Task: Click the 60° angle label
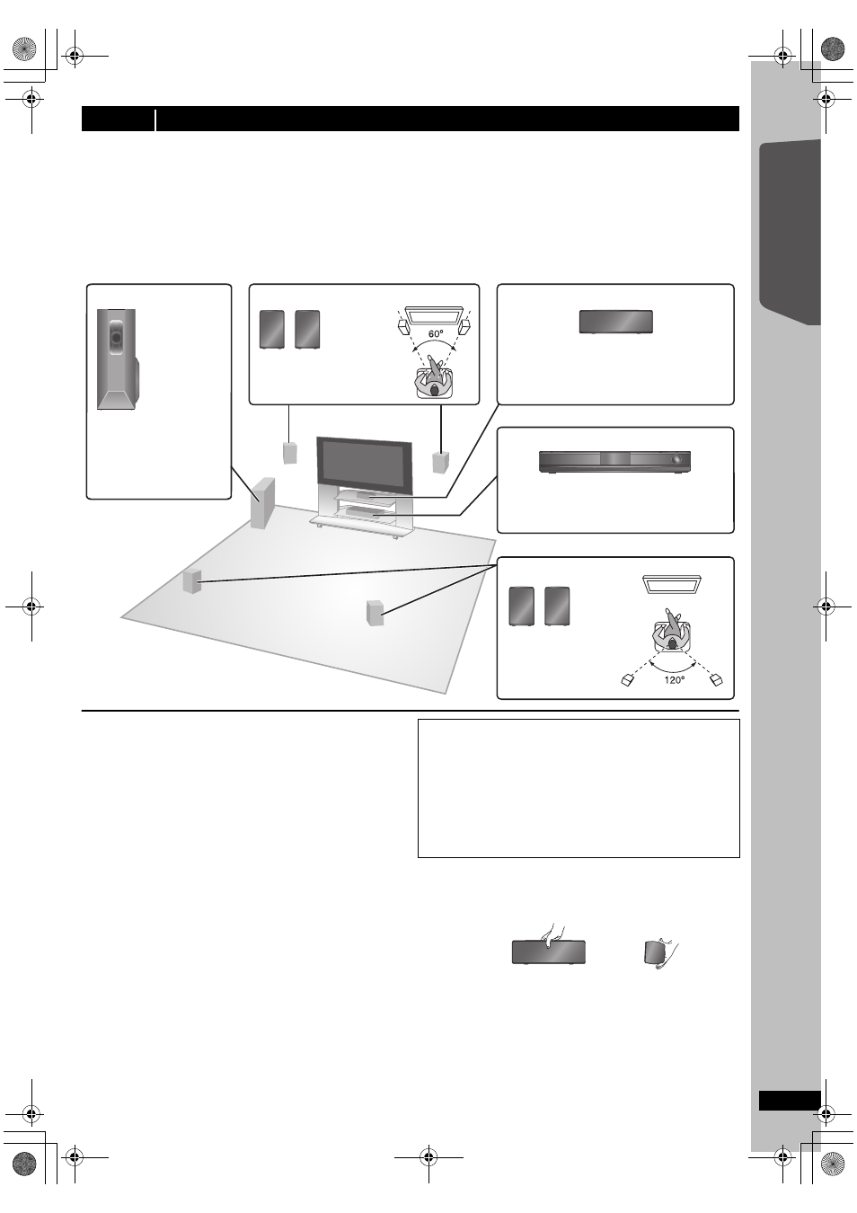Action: pos(436,334)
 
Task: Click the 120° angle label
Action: pos(674,679)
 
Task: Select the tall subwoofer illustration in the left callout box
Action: pos(118,359)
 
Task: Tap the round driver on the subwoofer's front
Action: pos(116,337)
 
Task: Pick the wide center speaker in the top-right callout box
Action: pos(615,322)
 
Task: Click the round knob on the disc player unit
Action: pos(676,460)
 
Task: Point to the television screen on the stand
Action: pos(365,465)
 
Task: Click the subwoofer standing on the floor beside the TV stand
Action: pos(262,502)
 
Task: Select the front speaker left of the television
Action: pos(290,453)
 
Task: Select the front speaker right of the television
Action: pos(440,461)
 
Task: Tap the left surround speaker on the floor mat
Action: pos(192,581)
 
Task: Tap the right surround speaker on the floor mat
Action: pos(375,613)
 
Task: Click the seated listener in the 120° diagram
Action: pos(672,631)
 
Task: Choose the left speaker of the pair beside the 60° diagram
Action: pos(272,329)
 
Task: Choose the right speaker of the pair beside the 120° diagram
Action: pos(557,606)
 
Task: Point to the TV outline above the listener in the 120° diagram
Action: pos(672,584)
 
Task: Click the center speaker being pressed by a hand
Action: pos(548,952)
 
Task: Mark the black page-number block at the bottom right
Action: pos(790,1101)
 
